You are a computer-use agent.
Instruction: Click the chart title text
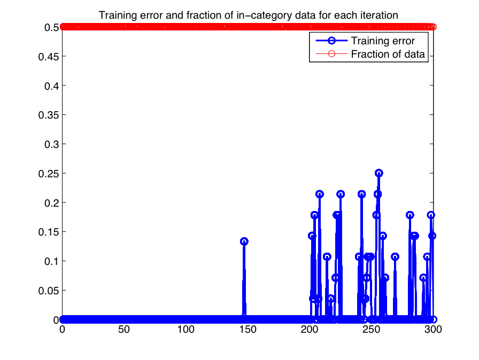pyautogui.click(x=248, y=15)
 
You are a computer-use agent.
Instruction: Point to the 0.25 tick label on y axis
pyautogui.click(x=49, y=174)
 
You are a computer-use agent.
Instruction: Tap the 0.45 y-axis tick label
pyautogui.click(x=49, y=57)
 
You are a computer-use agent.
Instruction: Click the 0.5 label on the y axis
pyautogui.click(x=52, y=27)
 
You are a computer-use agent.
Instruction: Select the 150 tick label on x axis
pyautogui.click(x=248, y=330)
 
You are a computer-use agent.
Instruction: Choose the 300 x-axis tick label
pyautogui.click(x=433, y=330)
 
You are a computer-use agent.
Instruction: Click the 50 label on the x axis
pyautogui.click(x=124, y=330)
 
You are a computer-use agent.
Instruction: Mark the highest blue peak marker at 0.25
pyautogui.click(x=379, y=173)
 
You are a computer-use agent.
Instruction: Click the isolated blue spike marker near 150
pyautogui.click(x=244, y=241)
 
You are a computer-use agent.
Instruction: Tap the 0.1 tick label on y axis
pyautogui.click(x=52, y=261)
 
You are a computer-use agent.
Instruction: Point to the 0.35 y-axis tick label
pyautogui.click(x=49, y=115)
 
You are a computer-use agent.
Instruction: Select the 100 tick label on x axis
pyautogui.click(x=186, y=330)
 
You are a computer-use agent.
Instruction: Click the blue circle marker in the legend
pyautogui.click(x=332, y=41)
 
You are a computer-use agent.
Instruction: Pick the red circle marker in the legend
pyautogui.click(x=332, y=54)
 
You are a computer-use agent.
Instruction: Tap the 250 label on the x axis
pyautogui.click(x=371, y=330)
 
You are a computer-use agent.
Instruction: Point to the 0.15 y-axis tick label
pyautogui.click(x=49, y=232)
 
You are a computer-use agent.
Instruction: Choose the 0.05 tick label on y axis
pyautogui.click(x=49, y=291)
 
